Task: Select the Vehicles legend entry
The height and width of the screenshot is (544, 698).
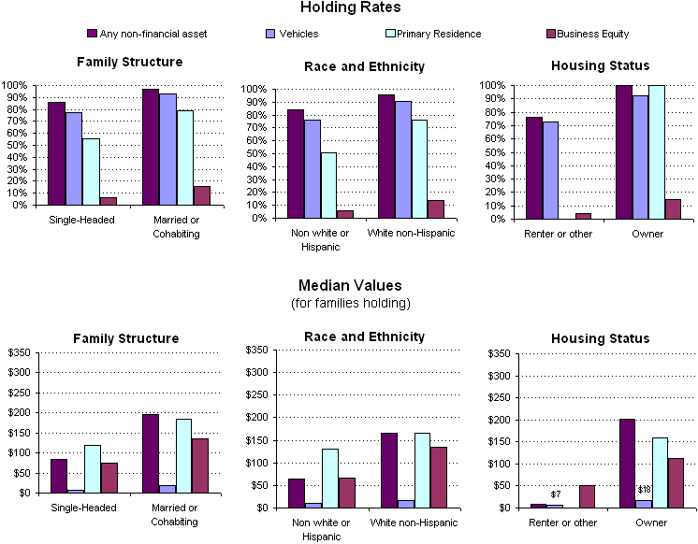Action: click(292, 34)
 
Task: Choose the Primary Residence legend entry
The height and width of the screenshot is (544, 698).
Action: click(438, 34)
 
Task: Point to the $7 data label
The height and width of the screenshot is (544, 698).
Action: click(555, 494)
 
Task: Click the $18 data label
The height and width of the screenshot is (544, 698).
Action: click(644, 490)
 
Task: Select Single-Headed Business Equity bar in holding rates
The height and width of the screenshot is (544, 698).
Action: click(109, 200)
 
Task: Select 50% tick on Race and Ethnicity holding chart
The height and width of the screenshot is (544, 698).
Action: click(254, 153)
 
